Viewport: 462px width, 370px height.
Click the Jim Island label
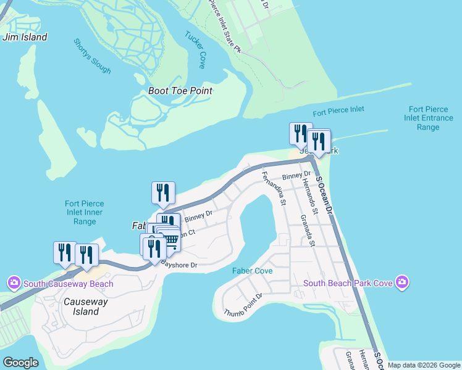point(25,37)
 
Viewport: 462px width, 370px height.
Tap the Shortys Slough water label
point(93,57)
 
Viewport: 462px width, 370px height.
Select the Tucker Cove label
point(195,49)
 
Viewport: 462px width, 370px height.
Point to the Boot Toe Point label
point(180,91)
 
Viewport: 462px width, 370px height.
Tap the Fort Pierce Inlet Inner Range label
point(85,212)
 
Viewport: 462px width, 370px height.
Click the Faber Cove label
point(253,271)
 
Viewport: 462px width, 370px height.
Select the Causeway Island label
point(86,306)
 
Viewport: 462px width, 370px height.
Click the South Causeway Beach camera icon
point(14,283)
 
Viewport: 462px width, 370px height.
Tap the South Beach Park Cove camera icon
point(402,282)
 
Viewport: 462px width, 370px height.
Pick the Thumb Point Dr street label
point(243,304)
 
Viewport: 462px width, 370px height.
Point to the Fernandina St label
point(273,190)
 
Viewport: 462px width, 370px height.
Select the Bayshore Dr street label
point(178,265)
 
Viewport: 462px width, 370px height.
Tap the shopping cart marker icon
point(171,240)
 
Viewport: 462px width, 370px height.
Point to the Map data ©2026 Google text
point(424,365)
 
